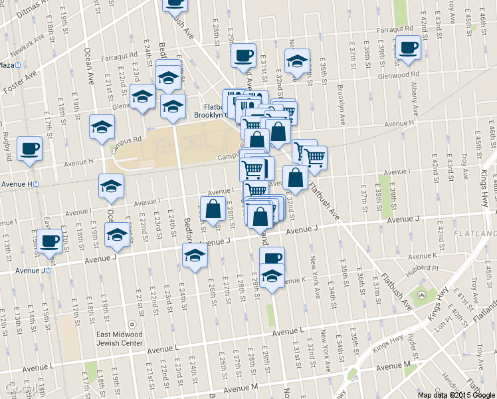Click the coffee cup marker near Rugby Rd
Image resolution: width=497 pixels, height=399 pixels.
(x=29, y=148)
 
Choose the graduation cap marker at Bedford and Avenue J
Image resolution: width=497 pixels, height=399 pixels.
(x=195, y=255)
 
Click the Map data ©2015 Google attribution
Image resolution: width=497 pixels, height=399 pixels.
(x=456, y=394)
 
